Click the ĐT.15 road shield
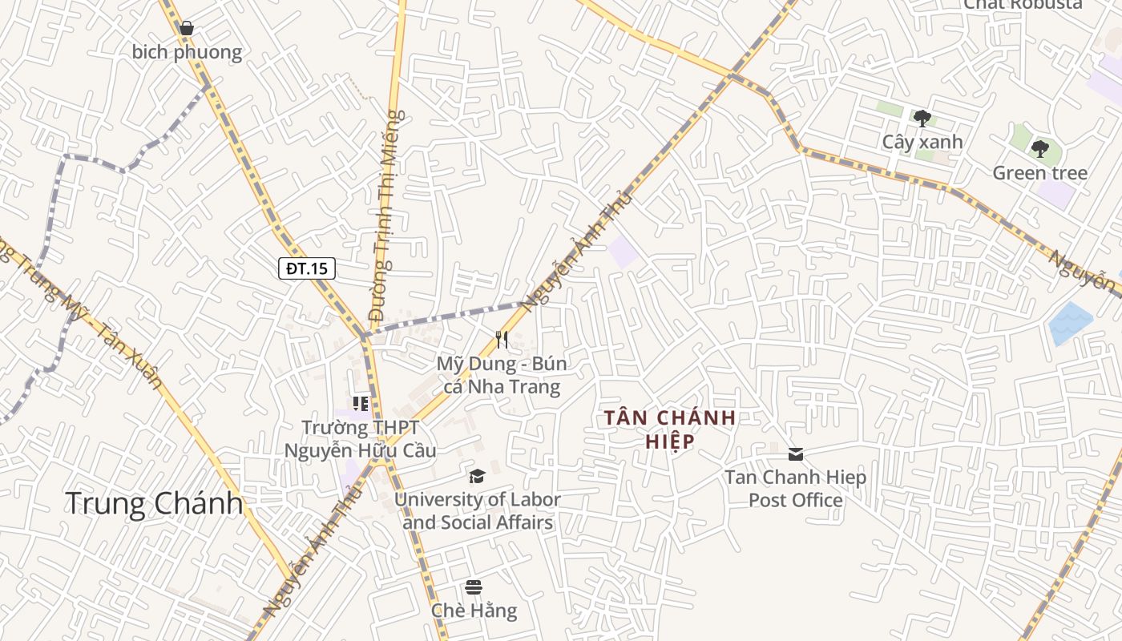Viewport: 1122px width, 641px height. pos(307,268)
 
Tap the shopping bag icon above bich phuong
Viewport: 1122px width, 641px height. pos(187,29)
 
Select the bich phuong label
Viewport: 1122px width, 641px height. pos(187,53)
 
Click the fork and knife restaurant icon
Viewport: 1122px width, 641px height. pos(502,340)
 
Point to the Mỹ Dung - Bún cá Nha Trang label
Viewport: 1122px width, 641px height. pos(502,375)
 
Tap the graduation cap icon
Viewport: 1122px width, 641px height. pos(477,477)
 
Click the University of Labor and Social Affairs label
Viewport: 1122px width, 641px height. pos(478,510)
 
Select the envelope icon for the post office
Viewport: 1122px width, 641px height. pos(795,454)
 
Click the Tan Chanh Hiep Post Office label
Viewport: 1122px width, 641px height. pos(795,489)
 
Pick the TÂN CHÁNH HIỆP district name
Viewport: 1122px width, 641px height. pos(670,429)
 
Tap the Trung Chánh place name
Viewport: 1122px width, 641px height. pos(154,504)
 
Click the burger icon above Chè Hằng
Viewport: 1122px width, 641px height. pos(474,587)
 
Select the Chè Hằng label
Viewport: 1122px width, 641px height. pos(474,611)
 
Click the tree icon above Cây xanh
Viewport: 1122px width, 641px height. pos(922,119)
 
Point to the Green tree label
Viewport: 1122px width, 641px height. pos(1039,173)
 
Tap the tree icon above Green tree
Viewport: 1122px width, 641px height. pos(1039,148)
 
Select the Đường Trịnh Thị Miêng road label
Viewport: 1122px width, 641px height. pos(386,215)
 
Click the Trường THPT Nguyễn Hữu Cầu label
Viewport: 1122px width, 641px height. pos(360,439)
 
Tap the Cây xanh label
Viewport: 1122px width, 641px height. pos(922,143)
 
